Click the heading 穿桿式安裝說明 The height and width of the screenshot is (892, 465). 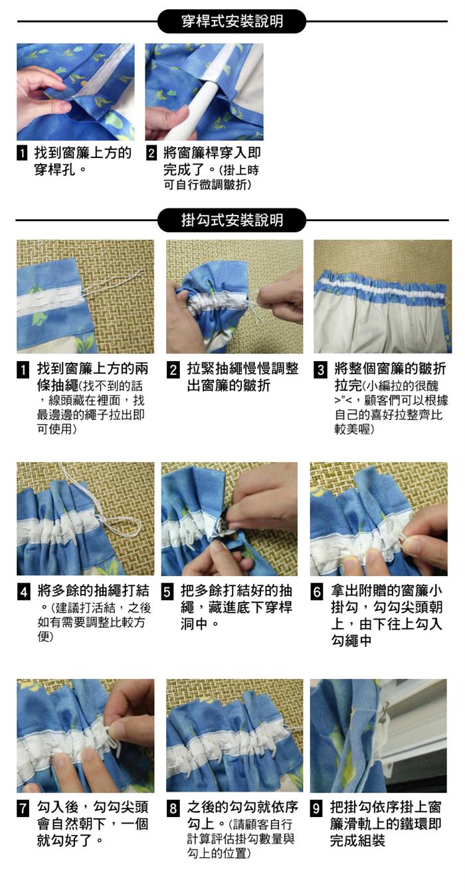coord(232,21)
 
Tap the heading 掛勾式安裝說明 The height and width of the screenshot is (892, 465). coord(232,220)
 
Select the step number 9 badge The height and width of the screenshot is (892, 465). coord(316,808)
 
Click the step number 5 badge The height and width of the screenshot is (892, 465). coord(167,591)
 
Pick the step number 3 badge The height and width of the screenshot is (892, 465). coord(320,370)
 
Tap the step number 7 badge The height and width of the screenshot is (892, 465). coord(23,808)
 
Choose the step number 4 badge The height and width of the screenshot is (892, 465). coord(23,591)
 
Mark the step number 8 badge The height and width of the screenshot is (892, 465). coord(173,808)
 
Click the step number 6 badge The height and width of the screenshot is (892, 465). coord(316,591)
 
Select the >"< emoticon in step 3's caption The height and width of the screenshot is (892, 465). coord(343,400)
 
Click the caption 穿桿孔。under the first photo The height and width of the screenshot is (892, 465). coord(60,170)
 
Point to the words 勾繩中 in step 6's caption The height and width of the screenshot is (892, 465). coord(351,640)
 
